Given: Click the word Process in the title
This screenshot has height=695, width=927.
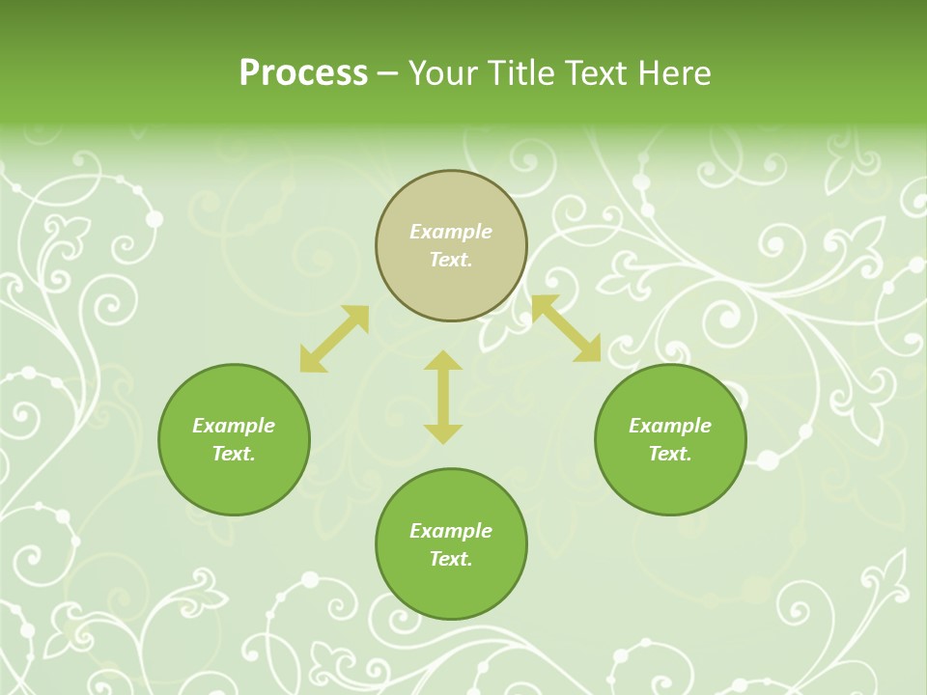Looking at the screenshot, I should click(x=303, y=73).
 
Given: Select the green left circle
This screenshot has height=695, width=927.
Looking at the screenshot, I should click(x=234, y=483).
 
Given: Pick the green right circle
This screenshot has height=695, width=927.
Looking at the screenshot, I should click(x=670, y=483).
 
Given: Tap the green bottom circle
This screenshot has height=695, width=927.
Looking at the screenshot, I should click(x=451, y=589).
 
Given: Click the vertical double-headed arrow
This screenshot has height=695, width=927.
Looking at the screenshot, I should click(x=443, y=397).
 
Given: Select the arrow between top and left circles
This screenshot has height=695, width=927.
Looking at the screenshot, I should click(x=334, y=339).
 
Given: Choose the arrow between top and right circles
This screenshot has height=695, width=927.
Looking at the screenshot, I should click(x=566, y=328).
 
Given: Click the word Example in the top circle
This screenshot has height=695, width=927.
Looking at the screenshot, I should click(x=451, y=232).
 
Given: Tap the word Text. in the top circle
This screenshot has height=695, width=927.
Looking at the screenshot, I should click(x=451, y=260).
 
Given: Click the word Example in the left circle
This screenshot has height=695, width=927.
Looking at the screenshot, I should click(x=234, y=426).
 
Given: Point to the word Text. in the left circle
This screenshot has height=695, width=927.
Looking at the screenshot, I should click(x=234, y=454).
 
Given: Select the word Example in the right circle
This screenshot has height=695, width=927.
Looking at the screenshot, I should click(x=670, y=426).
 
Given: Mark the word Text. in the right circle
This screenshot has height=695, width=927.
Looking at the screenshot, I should click(x=670, y=454).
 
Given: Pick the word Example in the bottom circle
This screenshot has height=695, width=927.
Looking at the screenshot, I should click(x=451, y=531).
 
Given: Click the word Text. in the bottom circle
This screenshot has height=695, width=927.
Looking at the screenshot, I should click(x=451, y=559).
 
